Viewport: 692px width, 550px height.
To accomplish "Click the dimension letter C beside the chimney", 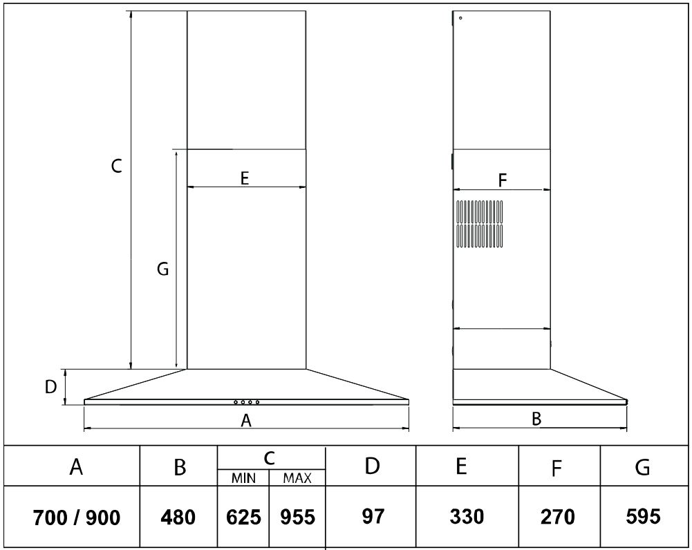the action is (116, 167).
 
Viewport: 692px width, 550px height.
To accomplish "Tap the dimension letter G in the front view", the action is (163, 268).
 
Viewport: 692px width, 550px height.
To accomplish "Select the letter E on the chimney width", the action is (245, 178).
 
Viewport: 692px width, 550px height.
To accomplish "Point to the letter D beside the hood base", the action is (50, 387).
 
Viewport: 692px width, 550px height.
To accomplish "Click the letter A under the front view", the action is (246, 420).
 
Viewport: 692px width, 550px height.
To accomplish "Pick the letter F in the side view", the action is (502, 180).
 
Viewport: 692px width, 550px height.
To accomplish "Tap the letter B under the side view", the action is (536, 419).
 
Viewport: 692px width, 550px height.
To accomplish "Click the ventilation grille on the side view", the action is (479, 224).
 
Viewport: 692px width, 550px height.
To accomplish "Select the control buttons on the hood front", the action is (246, 402).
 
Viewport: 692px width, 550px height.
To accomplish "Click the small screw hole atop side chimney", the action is (460, 18).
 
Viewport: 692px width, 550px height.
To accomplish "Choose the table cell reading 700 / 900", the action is (76, 518).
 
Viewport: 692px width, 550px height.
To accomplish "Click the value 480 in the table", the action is (178, 517).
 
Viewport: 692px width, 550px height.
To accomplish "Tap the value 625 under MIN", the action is (243, 517).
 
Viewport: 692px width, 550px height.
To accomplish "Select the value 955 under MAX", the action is (297, 517).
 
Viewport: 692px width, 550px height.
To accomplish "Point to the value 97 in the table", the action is (373, 516).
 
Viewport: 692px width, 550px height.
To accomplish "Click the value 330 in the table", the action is (467, 516).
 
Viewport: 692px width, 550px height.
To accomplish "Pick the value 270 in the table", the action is (557, 516).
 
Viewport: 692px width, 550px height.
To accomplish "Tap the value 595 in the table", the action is (643, 516).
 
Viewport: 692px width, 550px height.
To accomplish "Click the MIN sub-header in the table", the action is (243, 478).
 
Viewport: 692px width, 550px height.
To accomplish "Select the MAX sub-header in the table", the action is (297, 478).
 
